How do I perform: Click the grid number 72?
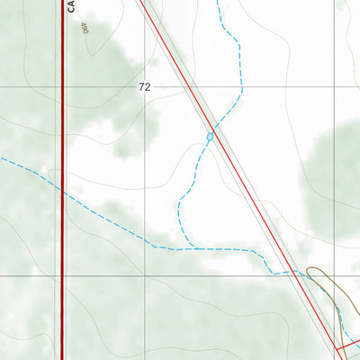[x=144, y=87]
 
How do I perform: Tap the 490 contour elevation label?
[x=84, y=29]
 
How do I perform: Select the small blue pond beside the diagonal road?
[x=210, y=137]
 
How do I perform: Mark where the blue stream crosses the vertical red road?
[x=62, y=190]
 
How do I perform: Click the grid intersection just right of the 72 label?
[x=146, y=87]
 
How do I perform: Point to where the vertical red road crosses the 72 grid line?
[x=62, y=87]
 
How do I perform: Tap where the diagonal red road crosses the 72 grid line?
[x=186, y=87]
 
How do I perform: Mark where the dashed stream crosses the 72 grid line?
[x=242, y=87]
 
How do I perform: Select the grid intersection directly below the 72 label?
[x=146, y=276]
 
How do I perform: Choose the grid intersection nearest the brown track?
[x=335, y=276]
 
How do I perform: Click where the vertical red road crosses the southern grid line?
[x=62, y=276]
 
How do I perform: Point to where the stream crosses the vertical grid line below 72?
[x=146, y=237]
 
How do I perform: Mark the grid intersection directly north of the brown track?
[x=335, y=87]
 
